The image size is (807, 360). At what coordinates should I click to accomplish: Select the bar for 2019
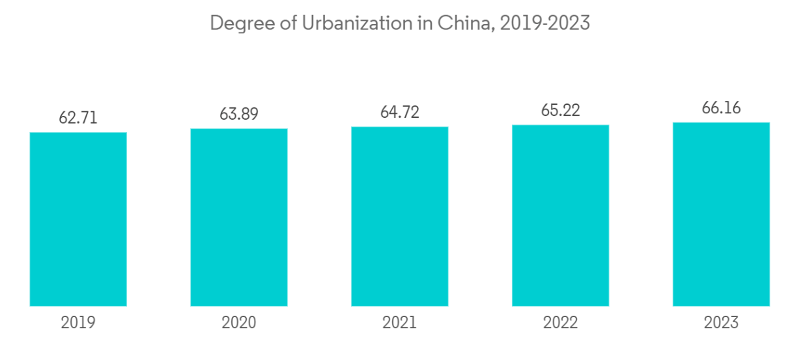[x=78, y=219]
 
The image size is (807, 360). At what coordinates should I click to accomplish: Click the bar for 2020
[x=239, y=217]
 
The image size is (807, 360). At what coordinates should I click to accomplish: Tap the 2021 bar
[x=400, y=216]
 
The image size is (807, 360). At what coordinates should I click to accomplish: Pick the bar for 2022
[x=560, y=215]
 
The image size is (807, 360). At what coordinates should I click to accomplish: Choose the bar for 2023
[x=721, y=214]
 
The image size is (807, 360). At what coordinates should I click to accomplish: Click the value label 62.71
[x=78, y=118]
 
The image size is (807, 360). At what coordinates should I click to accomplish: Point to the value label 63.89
[x=239, y=114]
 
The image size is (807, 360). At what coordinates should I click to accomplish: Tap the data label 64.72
[x=400, y=112]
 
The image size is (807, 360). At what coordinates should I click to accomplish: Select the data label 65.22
[x=560, y=110]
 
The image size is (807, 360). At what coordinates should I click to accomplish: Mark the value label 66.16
[x=721, y=107]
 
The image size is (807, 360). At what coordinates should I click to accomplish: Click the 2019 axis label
[x=78, y=322]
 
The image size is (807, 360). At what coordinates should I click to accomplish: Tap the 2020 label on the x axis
[x=239, y=322]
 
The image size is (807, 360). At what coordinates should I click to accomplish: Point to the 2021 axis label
[x=400, y=322]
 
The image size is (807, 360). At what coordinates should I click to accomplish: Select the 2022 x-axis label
[x=560, y=322]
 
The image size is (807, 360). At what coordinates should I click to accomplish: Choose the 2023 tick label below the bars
[x=721, y=322]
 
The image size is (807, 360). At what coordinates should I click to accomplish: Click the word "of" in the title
[x=277, y=23]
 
